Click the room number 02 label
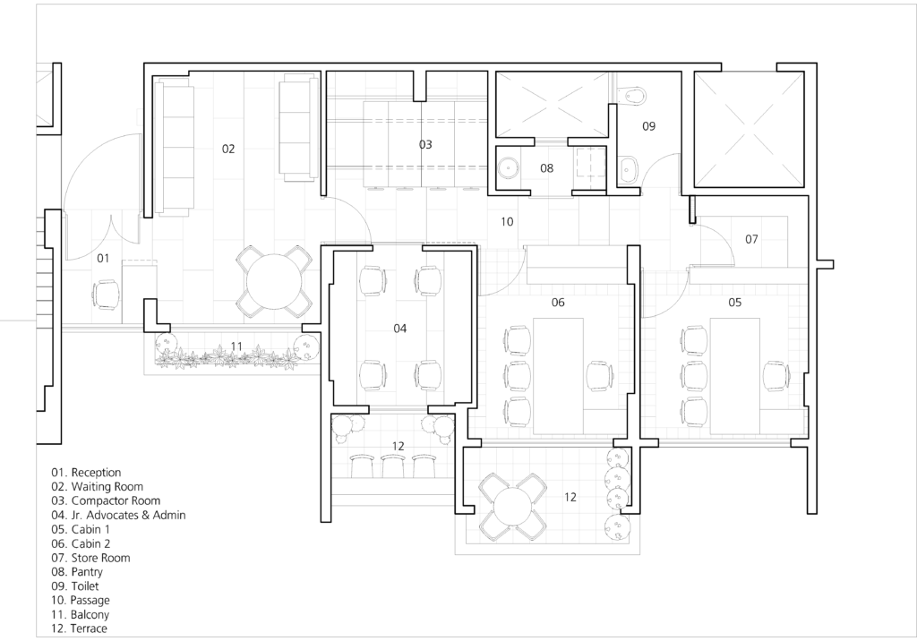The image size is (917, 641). click(x=228, y=150)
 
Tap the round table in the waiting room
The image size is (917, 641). click(x=273, y=281)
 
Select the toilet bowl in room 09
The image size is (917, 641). click(x=633, y=94)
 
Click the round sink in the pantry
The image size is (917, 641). click(x=509, y=168)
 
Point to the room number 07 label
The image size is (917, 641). click(x=751, y=239)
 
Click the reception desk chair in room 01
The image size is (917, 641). click(x=106, y=295)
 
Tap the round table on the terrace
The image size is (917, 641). click(x=512, y=507)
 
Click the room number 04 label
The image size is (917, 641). click(x=400, y=329)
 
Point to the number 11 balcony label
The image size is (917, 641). click(x=236, y=346)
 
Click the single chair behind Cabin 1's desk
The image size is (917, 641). click(x=776, y=376)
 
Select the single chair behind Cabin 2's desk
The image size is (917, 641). click(x=600, y=376)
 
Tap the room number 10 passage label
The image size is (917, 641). click(x=507, y=222)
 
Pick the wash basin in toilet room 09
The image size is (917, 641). click(x=629, y=168)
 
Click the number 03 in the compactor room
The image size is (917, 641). click(x=425, y=144)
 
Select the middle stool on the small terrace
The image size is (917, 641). click(x=393, y=466)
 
